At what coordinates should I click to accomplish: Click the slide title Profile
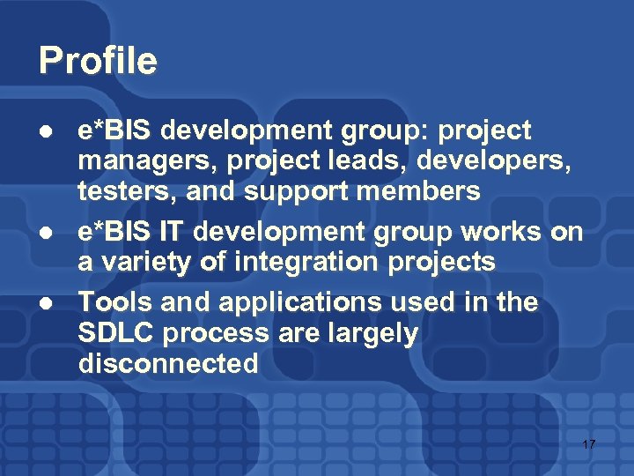click(x=98, y=61)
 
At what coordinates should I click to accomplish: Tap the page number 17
click(x=588, y=444)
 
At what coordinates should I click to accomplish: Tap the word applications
click(x=276, y=303)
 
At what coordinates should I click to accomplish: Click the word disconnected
click(x=168, y=363)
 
